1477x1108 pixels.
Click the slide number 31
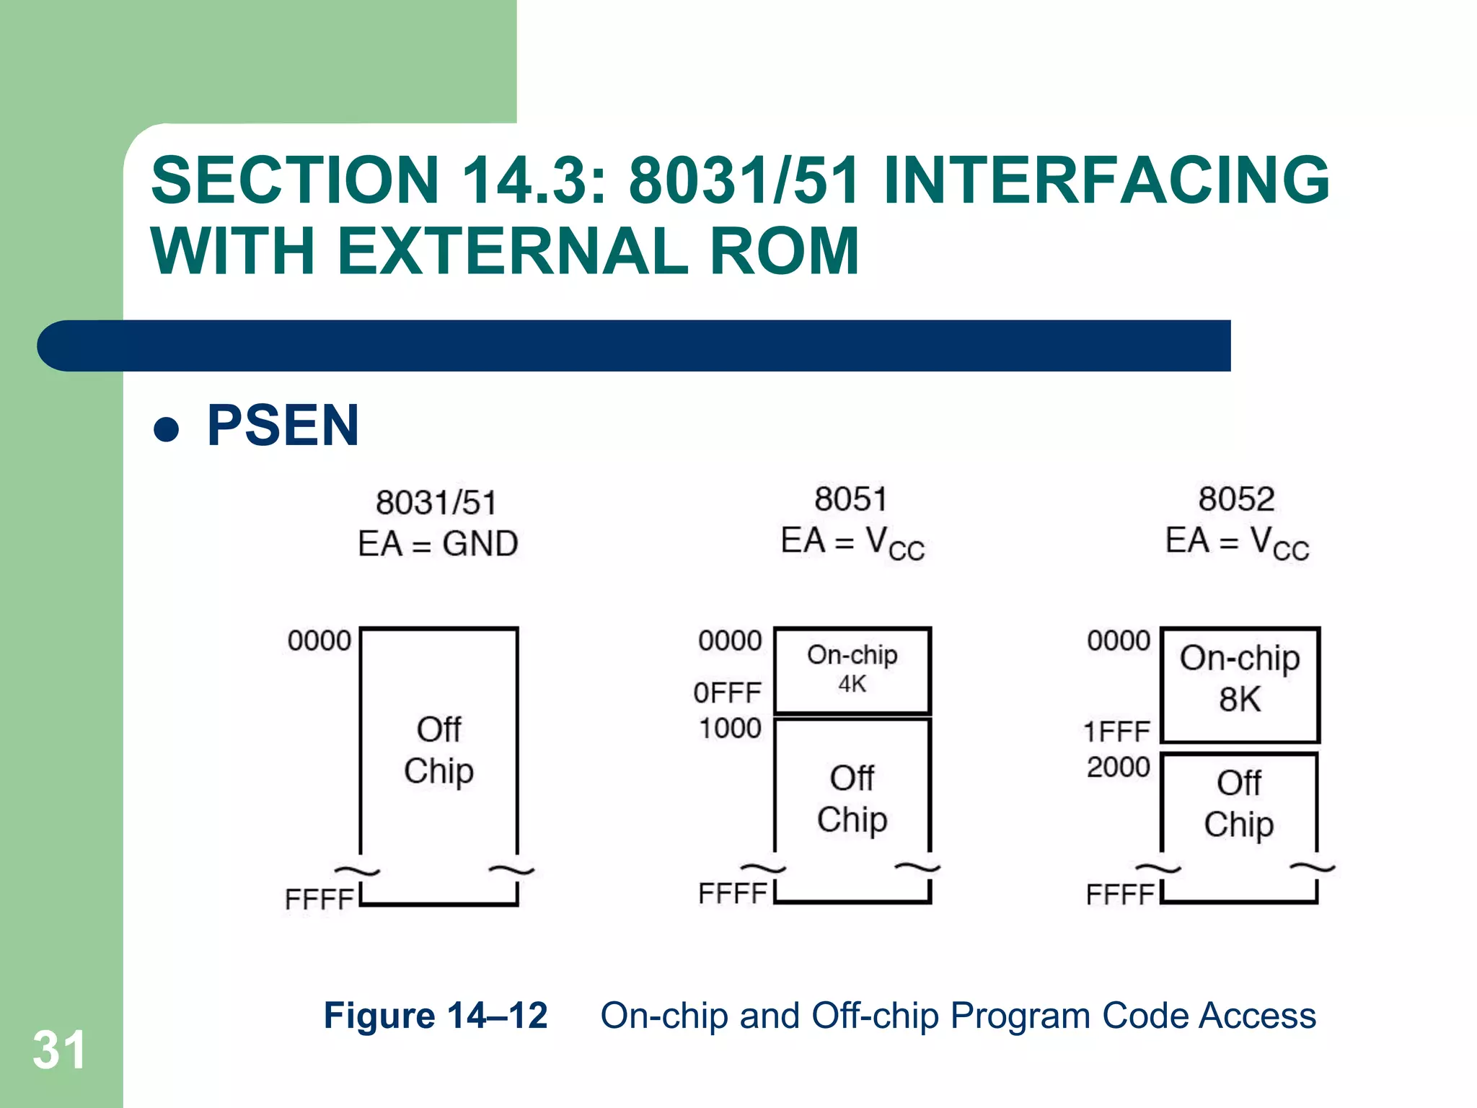click(59, 1050)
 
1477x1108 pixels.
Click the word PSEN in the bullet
click(283, 426)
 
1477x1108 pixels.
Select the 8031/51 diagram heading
click(436, 503)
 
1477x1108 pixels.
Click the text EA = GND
click(438, 544)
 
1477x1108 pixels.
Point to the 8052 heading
click(1236, 499)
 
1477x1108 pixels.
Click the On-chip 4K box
click(852, 670)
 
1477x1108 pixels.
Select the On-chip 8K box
click(1240, 683)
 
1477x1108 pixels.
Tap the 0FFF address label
click(727, 693)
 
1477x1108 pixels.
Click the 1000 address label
click(730, 729)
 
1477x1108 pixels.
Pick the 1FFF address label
click(1117, 732)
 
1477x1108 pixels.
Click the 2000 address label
click(1119, 767)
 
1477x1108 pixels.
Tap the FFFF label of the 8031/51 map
click(319, 900)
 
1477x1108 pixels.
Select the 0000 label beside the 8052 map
click(1119, 641)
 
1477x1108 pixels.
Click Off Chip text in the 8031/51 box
click(438, 750)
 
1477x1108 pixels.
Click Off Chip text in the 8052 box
click(1238, 803)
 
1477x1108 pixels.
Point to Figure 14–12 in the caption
click(436, 1016)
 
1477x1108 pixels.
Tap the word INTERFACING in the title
click(1106, 180)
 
